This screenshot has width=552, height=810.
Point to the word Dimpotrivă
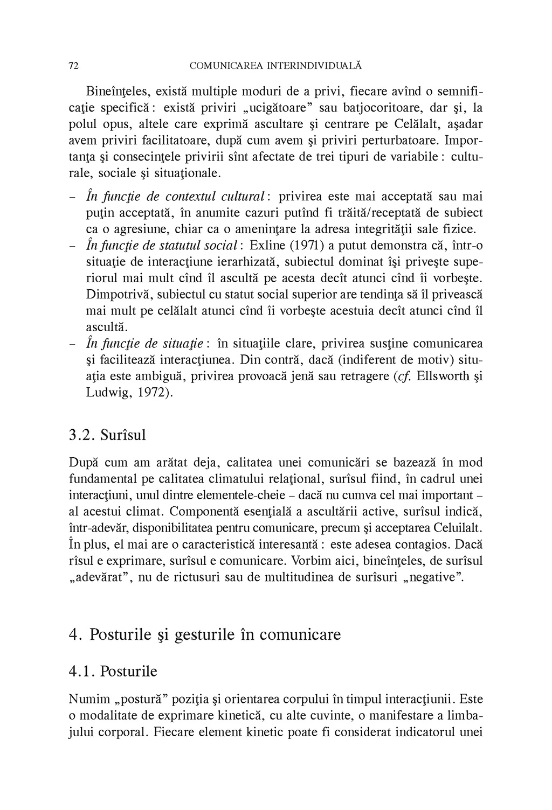[x=114, y=296]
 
